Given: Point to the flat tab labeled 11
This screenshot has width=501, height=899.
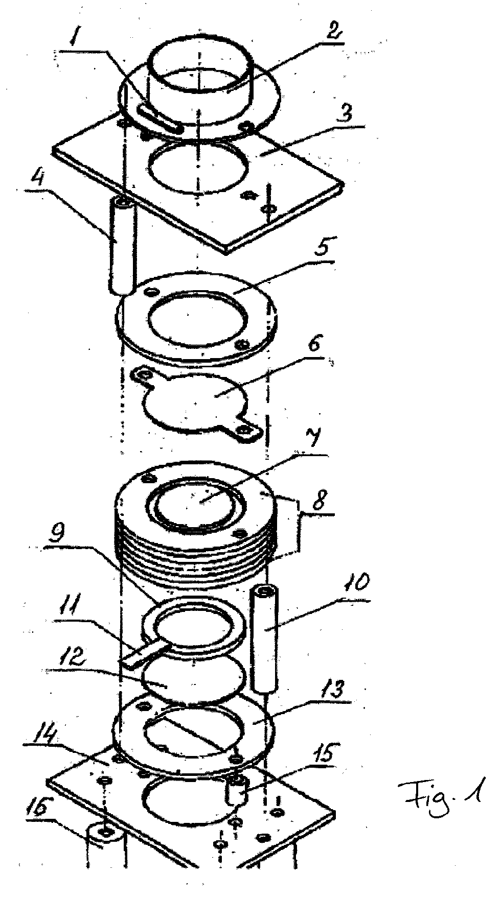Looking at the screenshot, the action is tap(143, 657).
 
